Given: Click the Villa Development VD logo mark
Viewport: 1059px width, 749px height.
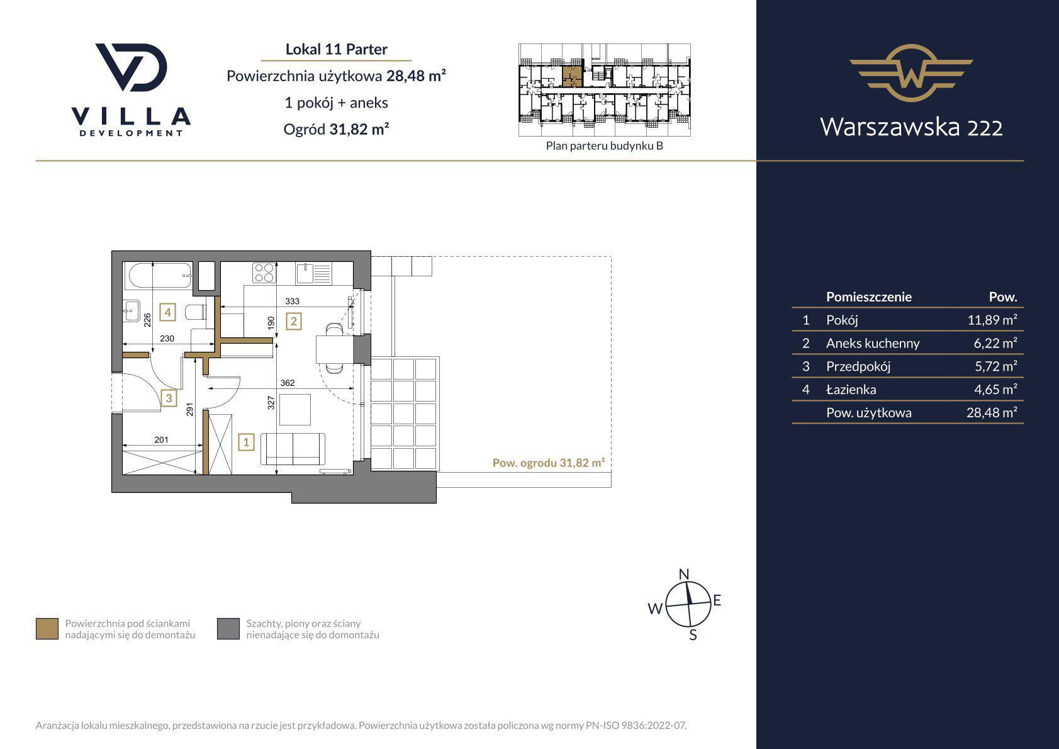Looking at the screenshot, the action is pyautogui.click(x=132, y=67).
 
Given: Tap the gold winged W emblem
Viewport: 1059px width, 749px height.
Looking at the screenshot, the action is pyautogui.click(x=911, y=73).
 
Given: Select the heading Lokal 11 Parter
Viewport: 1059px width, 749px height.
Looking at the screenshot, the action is pyautogui.click(x=336, y=49).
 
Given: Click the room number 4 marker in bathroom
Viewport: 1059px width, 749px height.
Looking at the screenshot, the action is pyautogui.click(x=168, y=312).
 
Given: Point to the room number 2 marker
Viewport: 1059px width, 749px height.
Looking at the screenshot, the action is pyautogui.click(x=294, y=322).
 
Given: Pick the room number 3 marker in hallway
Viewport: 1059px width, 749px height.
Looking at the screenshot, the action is pyautogui.click(x=169, y=398).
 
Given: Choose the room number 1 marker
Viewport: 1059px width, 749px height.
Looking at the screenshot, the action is pyautogui.click(x=246, y=442).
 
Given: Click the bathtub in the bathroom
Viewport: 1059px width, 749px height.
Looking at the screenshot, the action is pyautogui.click(x=159, y=275).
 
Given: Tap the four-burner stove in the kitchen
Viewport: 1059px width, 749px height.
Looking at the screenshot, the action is pyautogui.click(x=264, y=273).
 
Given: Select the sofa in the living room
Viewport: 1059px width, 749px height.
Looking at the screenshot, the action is pyautogui.click(x=293, y=449).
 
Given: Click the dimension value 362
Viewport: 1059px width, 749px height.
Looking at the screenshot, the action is pyautogui.click(x=288, y=383).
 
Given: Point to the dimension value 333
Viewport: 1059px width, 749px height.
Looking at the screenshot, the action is pyautogui.click(x=292, y=301).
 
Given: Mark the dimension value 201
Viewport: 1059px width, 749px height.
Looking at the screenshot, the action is pyautogui.click(x=161, y=440).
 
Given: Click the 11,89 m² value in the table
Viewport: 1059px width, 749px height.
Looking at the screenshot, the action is pyautogui.click(x=992, y=320).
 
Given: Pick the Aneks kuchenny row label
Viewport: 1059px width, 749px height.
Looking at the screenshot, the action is pyautogui.click(x=873, y=343).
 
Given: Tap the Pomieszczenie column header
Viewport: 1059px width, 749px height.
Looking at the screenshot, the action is pyautogui.click(x=869, y=297).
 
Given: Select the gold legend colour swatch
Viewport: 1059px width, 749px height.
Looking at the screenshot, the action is pyautogui.click(x=47, y=629).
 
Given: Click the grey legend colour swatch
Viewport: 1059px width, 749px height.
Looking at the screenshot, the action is pyautogui.click(x=228, y=629).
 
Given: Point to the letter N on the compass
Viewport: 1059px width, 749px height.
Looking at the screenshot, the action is pyautogui.click(x=684, y=574).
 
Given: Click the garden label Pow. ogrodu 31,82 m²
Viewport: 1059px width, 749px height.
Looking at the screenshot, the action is pyautogui.click(x=549, y=463).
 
